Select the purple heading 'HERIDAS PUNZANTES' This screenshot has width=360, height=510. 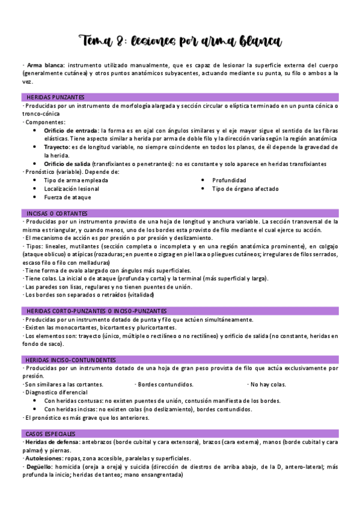pyautogui.click(x=55, y=97)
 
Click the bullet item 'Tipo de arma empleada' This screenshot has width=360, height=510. pyautogui.click(x=76, y=180)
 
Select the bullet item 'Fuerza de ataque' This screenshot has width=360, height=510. pyautogui.click(x=68, y=197)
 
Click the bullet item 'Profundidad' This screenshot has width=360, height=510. pyautogui.click(x=229, y=180)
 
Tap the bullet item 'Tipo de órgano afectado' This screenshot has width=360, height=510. pyautogui.click(x=245, y=188)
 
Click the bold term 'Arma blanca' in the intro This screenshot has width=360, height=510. pyautogui.click(x=45, y=65)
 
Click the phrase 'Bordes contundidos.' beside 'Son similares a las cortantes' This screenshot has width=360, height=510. pyautogui.click(x=165, y=384)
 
